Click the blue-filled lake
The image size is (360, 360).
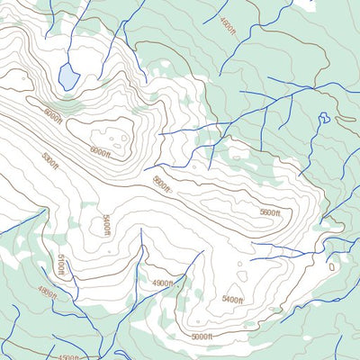click(x=68, y=76)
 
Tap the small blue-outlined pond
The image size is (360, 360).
click(x=323, y=117)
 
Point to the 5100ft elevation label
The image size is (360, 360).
click(x=61, y=266)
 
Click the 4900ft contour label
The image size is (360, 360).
click(x=162, y=283)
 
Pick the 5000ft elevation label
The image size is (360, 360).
click(x=202, y=337)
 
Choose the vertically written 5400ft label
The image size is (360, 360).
click(x=105, y=224)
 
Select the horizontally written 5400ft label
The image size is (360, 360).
click(x=232, y=299)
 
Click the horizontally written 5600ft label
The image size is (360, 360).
click(x=270, y=212)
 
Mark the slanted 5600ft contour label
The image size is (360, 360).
click(x=161, y=184)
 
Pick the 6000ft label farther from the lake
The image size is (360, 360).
click(x=100, y=152)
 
